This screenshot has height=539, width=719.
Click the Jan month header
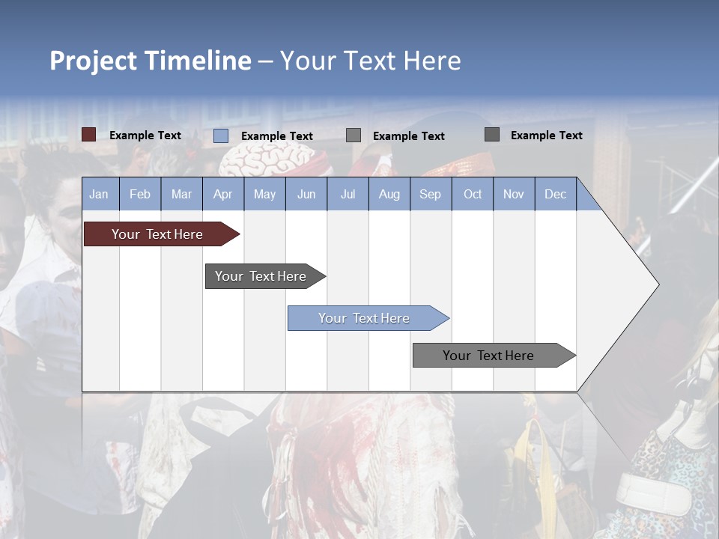(x=99, y=194)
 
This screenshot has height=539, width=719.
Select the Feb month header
(x=140, y=194)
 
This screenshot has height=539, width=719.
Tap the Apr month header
(x=222, y=194)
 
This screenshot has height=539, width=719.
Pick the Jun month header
(x=306, y=194)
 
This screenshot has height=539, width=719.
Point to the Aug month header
(x=389, y=194)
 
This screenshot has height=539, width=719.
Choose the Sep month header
(x=430, y=194)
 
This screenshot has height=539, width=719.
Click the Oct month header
(x=473, y=194)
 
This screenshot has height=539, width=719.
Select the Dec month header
(x=555, y=194)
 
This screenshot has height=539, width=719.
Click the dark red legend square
(x=89, y=135)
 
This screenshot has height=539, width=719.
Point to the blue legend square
(x=221, y=135)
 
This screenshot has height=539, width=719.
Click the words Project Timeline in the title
(x=151, y=61)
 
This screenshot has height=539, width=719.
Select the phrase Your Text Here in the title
(x=371, y=61)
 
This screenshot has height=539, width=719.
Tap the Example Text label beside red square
(x=145, y=135)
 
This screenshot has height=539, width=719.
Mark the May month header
(x=264, y=194)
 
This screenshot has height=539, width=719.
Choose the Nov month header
(x=514, y=194)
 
